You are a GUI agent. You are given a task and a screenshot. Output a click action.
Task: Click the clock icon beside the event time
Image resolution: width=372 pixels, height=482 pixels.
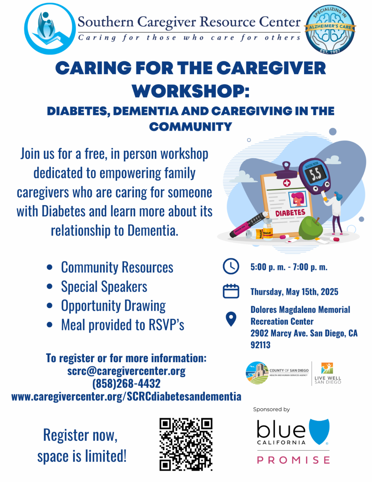[x=231, y=266]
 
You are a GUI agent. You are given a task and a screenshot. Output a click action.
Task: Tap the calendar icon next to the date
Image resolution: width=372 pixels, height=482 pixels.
[x=231, y=291]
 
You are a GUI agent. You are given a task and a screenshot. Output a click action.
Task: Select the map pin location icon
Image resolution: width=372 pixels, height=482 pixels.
[x=231, y=319]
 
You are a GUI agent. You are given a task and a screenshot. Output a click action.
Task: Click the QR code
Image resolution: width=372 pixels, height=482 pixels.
[x=186, y=444]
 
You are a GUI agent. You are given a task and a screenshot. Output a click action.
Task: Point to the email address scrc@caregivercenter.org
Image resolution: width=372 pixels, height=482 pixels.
[x=126, y=371]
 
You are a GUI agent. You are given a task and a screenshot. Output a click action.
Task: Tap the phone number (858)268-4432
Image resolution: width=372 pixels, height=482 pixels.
[x=126, y=384]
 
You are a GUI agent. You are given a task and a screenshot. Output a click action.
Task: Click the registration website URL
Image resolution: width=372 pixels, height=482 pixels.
[x=126, y=396]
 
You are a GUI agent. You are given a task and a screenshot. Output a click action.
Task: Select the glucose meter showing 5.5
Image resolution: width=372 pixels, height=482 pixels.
[x=315, y=176]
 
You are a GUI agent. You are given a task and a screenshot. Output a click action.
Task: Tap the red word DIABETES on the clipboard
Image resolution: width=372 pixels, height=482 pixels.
[x=290, y=213]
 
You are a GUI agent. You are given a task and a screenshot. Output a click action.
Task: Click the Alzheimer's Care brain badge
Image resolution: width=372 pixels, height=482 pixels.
[x=330, y=29]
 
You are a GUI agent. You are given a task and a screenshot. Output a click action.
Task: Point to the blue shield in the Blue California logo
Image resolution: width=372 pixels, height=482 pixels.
[x=319, y=431]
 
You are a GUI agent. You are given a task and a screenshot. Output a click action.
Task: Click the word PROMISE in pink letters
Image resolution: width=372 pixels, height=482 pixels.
[x=293, y=460]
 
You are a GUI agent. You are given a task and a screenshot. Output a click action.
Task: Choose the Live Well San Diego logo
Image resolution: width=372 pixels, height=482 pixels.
[x=328, y=373]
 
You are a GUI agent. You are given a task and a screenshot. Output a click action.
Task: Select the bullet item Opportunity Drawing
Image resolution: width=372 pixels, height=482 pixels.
[x=113, y=306]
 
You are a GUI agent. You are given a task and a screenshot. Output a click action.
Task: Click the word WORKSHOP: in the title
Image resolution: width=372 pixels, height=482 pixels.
[x=191, y=91]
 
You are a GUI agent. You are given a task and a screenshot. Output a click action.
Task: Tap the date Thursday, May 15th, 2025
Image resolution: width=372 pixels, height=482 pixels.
[x=294, y=292]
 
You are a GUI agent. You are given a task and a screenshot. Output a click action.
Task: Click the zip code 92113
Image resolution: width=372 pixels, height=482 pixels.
[x=261, y=345]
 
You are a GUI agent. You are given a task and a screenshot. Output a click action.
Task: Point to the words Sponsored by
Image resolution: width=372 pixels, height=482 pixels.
[x=272, y=409]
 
